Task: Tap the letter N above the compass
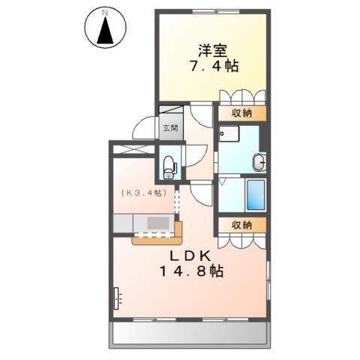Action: click(105, 13)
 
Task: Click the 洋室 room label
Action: click(211, 50)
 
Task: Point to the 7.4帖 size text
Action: click(212, 67)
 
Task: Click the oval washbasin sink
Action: click(259, 162)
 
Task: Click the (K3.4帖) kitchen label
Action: click(141, 192)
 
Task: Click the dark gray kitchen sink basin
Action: click(158, 223)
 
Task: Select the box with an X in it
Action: click(132, 148)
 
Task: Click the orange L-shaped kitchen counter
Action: click(159, 238)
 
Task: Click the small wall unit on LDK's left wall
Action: click(116, 298)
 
